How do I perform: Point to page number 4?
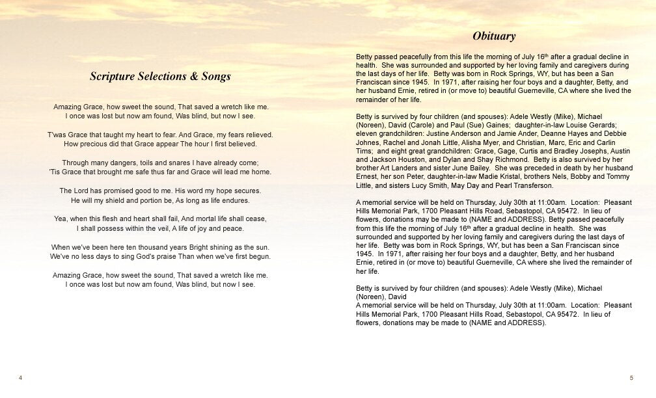tap(21, 378)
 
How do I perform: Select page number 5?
tap(631, 378)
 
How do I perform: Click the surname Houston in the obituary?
tap(403, 176)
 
